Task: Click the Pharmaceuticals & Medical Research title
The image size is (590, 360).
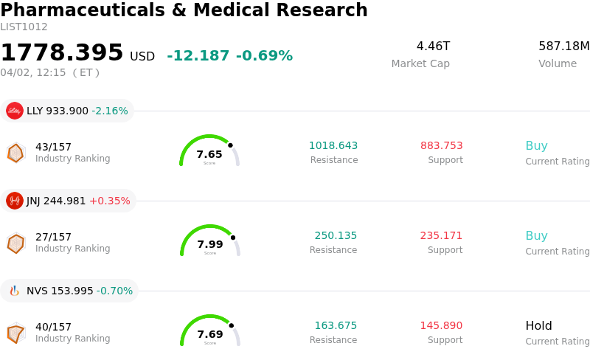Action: [184, 10]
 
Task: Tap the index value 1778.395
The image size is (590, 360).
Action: [62, 53]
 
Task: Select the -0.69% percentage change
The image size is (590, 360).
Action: [264, 56]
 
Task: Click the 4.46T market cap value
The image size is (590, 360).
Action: [433, 46]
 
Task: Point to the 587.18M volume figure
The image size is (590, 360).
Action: [563, 46]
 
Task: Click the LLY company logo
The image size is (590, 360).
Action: [15, 111]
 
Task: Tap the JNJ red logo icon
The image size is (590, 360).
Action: [15, 201]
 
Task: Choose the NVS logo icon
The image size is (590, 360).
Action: [15, 291]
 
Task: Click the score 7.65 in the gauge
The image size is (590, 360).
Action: [209, 154]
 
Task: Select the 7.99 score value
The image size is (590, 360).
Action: [210, 244]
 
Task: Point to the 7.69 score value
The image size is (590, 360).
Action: [210, 334]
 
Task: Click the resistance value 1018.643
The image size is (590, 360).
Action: [333, 146]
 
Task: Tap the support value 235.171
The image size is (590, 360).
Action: [441, 236]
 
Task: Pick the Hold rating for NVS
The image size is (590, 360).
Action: [538, 326]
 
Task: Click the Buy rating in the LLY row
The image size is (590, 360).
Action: [536, 146]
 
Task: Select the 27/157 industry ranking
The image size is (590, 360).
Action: [53, 237]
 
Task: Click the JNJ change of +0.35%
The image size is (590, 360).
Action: [109, 201]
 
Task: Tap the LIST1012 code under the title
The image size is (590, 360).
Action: [24, 27]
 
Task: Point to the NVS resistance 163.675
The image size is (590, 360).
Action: [336, 326]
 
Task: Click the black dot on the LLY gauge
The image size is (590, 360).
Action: [230, 145]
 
